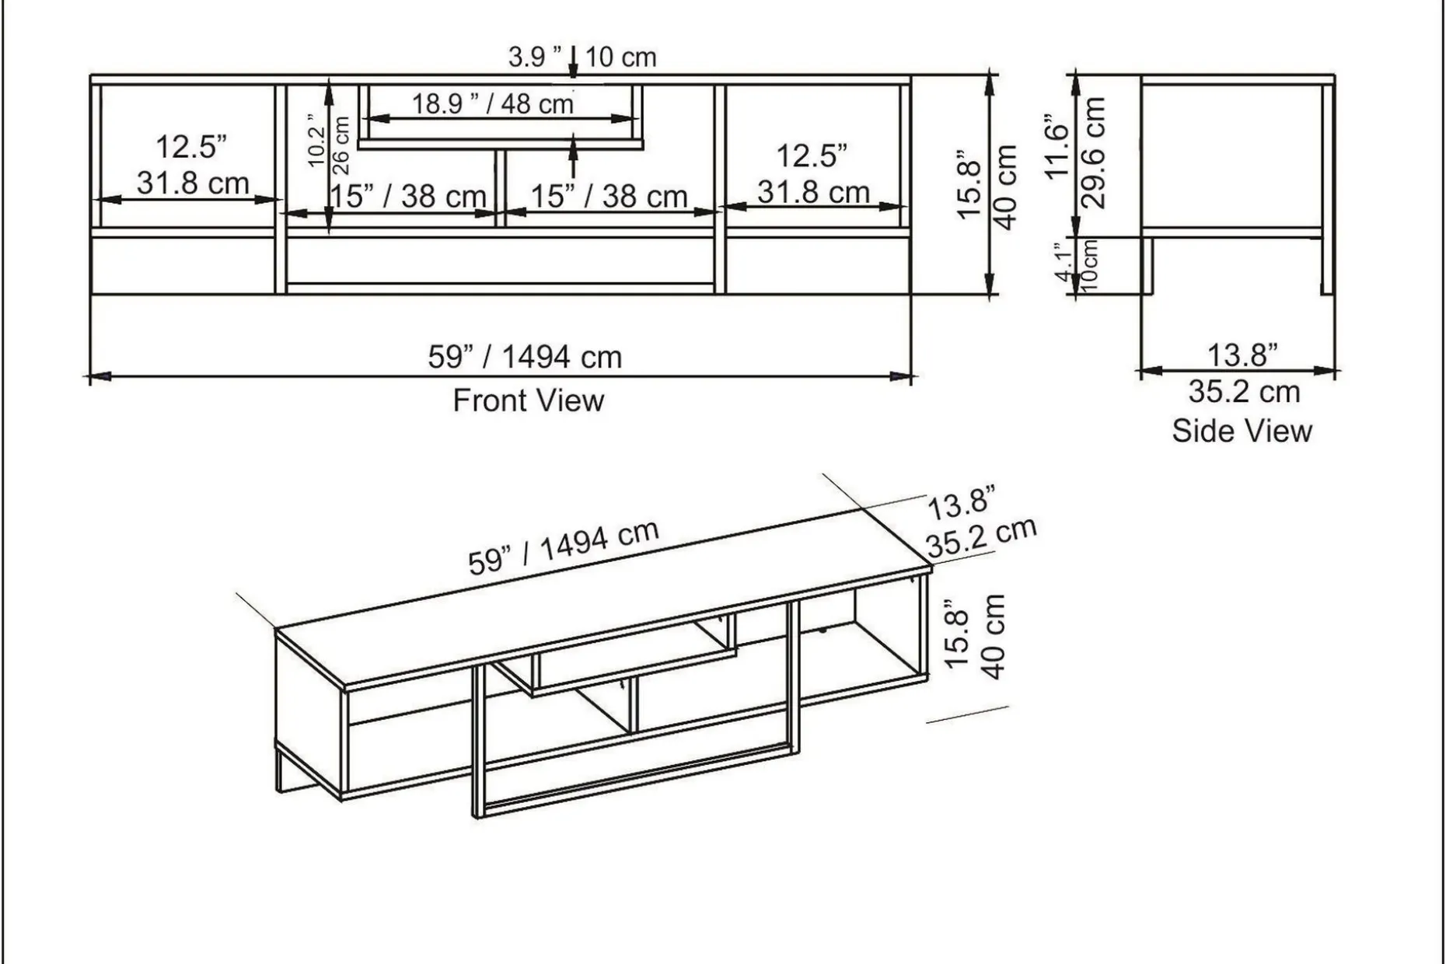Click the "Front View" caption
tap(528, 401)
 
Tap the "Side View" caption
tap(1242, 431)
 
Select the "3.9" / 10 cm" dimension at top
tap(582, 57)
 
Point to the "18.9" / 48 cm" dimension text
tap(492, 103)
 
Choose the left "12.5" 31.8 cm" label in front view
tap(193, 165)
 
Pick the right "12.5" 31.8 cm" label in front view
tap(813, 173)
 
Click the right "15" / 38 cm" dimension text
tap(609, 197)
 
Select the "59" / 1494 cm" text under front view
tap(525, 358)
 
